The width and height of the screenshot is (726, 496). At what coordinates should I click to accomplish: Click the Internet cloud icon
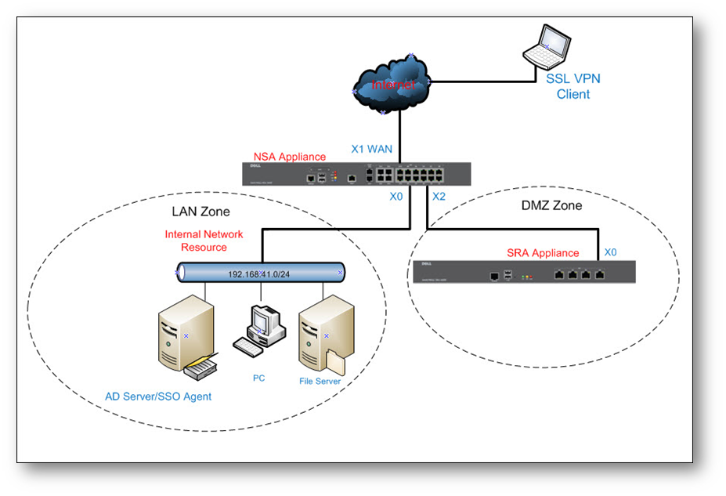(x=392, y=83)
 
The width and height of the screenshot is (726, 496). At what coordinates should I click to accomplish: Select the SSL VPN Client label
(x=572, y=87)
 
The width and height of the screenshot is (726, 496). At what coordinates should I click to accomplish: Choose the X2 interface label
(x=439, y=197)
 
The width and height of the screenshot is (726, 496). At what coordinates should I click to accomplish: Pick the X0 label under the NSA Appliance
(x=396, y=197)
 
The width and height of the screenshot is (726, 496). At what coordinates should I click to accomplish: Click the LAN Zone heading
(x=200, y=212)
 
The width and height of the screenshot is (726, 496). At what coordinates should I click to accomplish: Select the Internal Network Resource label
(x=204, y=241)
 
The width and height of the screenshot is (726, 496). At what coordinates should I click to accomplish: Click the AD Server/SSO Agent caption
(x=158, y=396)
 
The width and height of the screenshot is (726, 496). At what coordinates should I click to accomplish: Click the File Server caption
(x=320, y=382)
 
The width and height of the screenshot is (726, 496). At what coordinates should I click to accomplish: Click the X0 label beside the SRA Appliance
(x=611, y=252)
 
